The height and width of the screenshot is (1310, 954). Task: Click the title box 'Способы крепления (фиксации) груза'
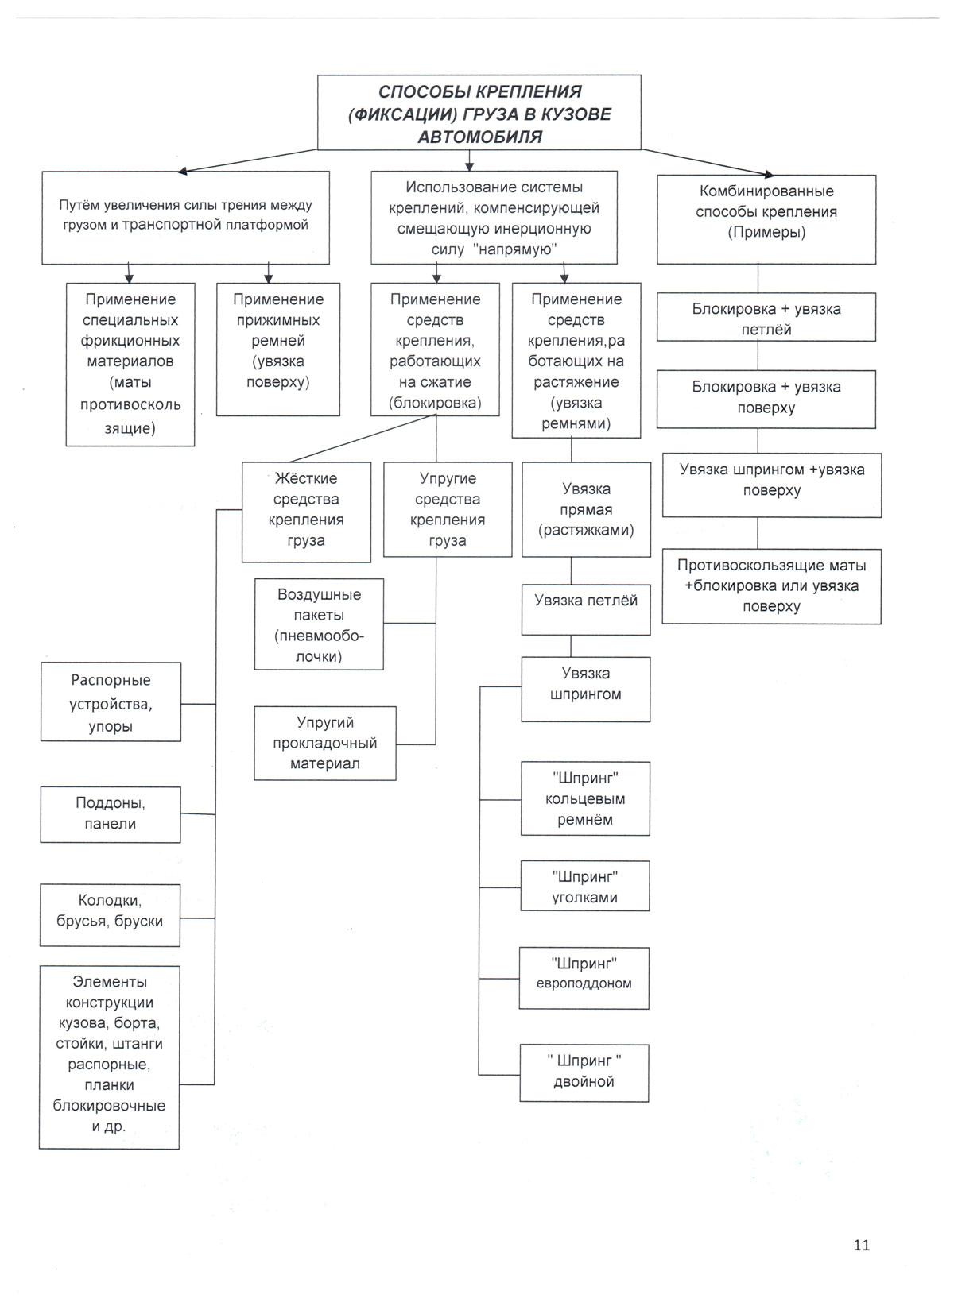click(x=479, y=112)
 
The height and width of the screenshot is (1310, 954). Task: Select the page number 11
click(x=861, y=1245)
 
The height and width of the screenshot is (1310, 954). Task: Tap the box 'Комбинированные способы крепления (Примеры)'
click(x=766, y=218)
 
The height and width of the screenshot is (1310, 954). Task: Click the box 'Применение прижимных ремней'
click(x=278, y=349)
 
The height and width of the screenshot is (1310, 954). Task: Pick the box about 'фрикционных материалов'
click(x=130, y=364)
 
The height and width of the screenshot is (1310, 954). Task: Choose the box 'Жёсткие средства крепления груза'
click(x=306, y=512)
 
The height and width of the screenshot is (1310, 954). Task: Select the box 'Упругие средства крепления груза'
click(x=448, y=509)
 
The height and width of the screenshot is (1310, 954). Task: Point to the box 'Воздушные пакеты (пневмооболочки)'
click(x=319, y=624)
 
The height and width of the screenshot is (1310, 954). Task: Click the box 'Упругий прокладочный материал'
click(x=324, y=743)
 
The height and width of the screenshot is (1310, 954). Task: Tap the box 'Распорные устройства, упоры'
click(x=111, y=702)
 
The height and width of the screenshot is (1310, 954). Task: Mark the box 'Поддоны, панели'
click(x=111, y=814)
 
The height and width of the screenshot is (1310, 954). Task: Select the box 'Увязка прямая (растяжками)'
click(x=586, y=509)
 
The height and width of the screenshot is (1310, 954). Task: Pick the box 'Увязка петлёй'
click(x=586, y=609)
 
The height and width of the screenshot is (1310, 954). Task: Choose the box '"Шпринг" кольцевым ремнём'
click(x=585, y=798)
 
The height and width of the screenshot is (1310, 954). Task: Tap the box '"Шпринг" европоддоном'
click(x=584, y=977)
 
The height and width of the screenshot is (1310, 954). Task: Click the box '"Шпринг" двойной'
click(x=584, y=1072)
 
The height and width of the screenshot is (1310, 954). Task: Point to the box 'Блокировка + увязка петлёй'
click(x=766, y=318)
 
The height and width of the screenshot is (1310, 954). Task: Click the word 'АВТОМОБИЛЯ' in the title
click(x=479, y=137)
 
